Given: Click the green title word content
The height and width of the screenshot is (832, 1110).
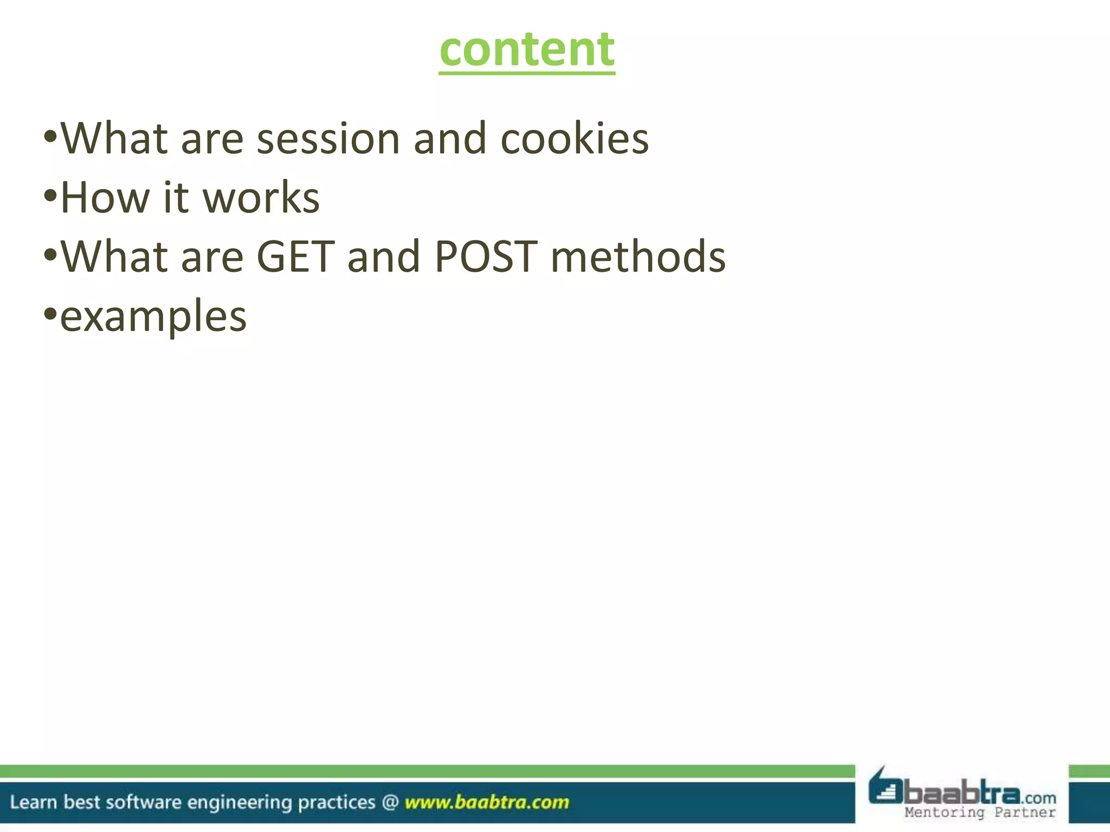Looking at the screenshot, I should point(527,50).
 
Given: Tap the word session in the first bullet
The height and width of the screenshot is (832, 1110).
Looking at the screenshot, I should point(328,139).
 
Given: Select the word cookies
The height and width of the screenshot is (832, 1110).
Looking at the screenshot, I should point(574,139).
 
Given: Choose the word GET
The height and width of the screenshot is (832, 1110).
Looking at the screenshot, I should point(295,257).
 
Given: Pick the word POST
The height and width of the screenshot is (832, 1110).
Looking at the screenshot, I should point(486,257).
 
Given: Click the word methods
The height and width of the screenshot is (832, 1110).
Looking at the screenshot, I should point(638,257).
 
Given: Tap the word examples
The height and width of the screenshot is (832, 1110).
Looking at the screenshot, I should point(153,317).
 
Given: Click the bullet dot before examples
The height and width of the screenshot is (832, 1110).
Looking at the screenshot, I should point(50,313).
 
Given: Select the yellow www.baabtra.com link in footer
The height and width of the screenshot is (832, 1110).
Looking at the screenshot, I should point(487,802).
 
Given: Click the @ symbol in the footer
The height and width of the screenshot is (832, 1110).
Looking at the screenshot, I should point(390,802).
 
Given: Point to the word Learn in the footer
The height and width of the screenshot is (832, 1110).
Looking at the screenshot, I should point(33,802).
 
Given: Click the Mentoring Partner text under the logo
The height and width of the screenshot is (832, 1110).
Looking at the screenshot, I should point(980,812).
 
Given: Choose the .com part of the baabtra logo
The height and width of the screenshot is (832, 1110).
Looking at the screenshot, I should point(1039,798).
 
